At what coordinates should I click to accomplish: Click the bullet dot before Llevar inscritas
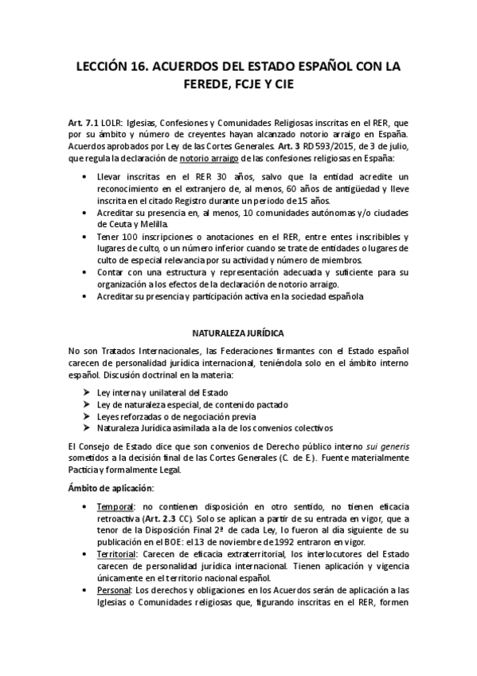pyautogui.click(x=85, y=175)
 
